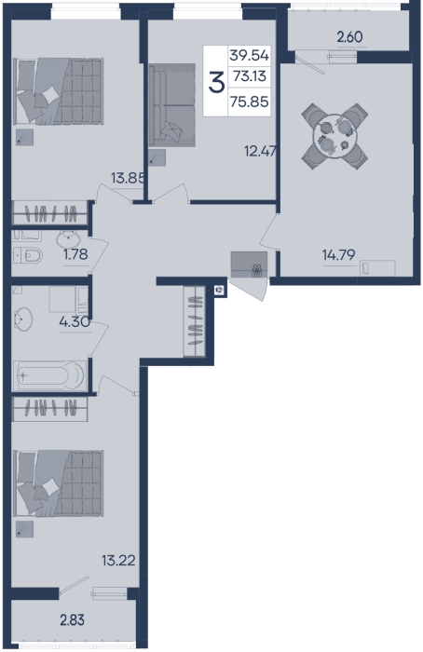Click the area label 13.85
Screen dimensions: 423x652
(x=128, y=178)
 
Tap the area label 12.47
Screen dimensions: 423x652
(x=261, y=151)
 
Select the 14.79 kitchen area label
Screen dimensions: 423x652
(x=338, y=254)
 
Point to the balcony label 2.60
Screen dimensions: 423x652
(x=349, y=37)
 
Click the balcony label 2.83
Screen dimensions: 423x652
(x=72, y=620)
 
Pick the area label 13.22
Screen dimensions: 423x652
(x=118, y=561)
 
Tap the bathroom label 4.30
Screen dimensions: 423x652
(x=75, y=321)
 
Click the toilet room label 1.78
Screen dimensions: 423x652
(x=75, y=253)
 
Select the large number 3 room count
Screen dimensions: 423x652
(x=216, y=82)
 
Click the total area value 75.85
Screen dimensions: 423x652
(x=250, y=102)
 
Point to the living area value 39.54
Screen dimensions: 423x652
(x=250, y=55)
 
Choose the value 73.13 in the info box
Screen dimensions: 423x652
(x=250, y=76)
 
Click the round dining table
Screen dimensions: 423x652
(x=334, y=136)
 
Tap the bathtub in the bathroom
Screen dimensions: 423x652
(x=49, y=375)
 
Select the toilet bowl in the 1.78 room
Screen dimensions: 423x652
(x=28, y=255)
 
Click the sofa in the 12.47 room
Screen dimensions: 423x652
(x=172, y=104)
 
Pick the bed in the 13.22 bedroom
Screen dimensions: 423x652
(x=59, y=483)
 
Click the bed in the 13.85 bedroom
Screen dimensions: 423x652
(x=59, y=91)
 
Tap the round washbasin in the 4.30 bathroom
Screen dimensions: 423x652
(x=23, y=319)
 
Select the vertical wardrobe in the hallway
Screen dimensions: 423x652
(x=195, y=321)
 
